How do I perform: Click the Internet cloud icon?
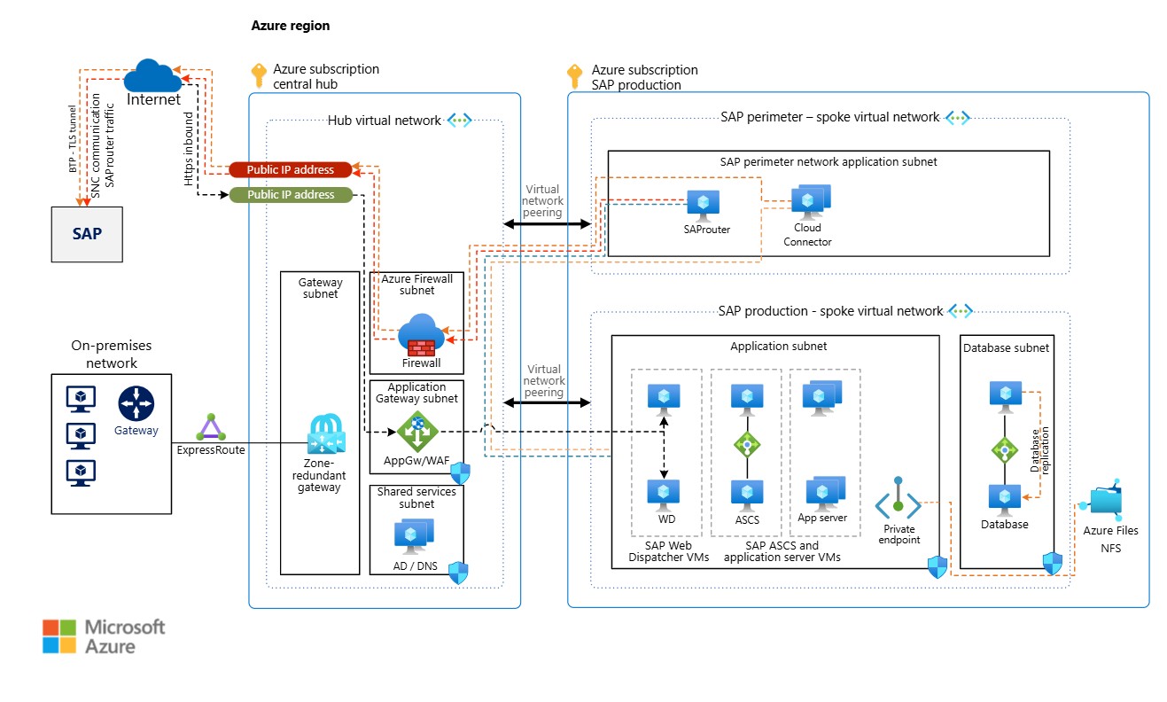click(x=152, y=74)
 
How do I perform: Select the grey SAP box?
click(x=87, y=235)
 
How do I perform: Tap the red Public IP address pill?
click(x=290, y=169)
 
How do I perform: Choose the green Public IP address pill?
click(x=291, y=194)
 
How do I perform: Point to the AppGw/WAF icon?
click(x=416, y=432)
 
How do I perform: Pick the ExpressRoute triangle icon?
click(x=210, y=428)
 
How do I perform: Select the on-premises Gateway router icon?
click(x=136, y=404)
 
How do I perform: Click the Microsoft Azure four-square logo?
click(x=60, y=636)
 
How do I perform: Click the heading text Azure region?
click(x=291, y=26)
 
